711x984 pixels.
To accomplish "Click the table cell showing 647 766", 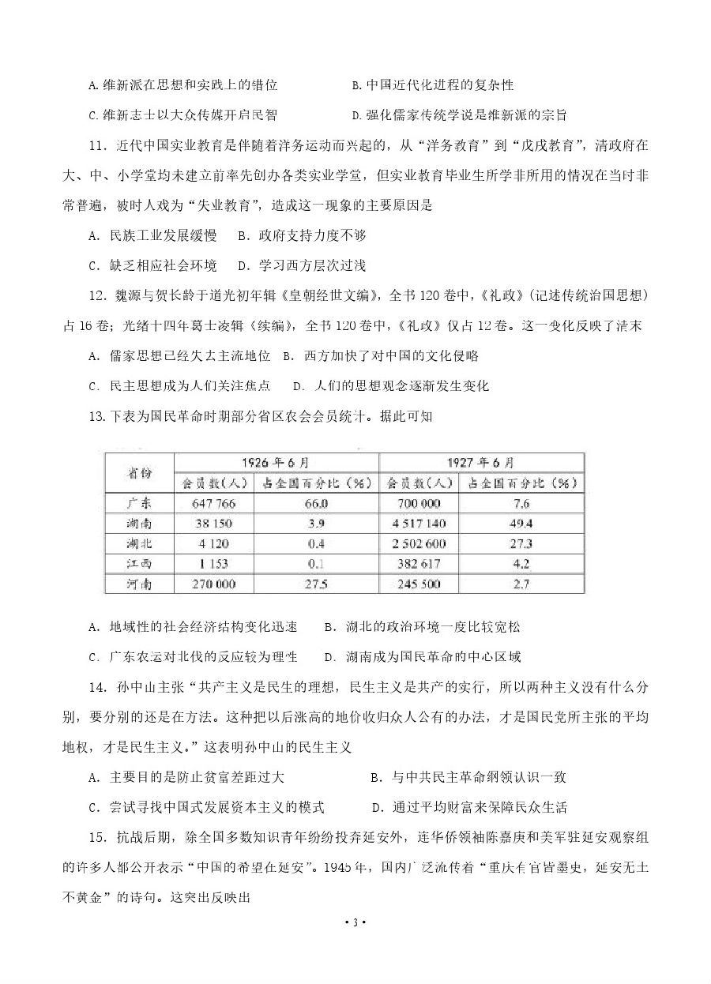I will click(213, 503).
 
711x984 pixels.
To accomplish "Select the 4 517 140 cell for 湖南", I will click(418, 524).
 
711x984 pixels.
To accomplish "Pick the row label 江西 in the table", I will click(139, 564).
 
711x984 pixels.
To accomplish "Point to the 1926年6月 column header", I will click(276, 462).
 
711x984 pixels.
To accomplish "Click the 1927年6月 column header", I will click(481, 462).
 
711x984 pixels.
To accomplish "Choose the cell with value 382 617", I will click(418, 564).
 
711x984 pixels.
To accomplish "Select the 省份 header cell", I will click(139, 472).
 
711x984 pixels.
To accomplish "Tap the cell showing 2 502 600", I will click(418, 544).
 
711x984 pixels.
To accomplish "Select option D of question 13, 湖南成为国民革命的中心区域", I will click(422, 657).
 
